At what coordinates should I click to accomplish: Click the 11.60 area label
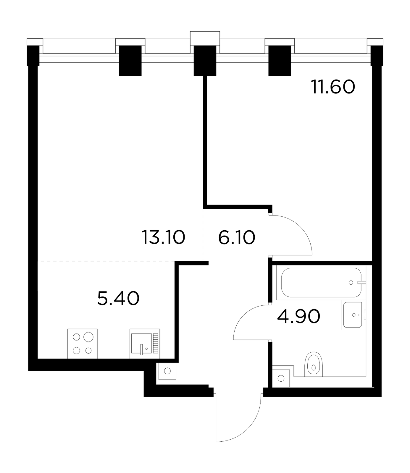pyautogui.click(x=333, y=87)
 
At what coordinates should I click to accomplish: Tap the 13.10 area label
pyautogui.click(x=164, y=237)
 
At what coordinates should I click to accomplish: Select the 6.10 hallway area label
pyautogui.click(x=237, y=237)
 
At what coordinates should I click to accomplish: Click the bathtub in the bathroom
pyautogui.click(x=321, y=282)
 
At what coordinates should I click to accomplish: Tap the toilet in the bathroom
pyautogui.click(x=314, y=364)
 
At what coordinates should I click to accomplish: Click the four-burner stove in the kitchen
pyautogui.click(x=83, y=344)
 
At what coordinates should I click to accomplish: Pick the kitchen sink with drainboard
pyautogui.click(x=145, y=344)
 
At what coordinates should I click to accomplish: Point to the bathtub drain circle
pyautogui.click(x=351, y=282)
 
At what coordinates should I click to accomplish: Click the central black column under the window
pyautogui.click(x=205, y=61)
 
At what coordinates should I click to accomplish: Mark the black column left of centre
pyautogui.click(x=130, y=61)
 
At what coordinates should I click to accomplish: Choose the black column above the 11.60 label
pyautogui.click(x=280, y=61)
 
